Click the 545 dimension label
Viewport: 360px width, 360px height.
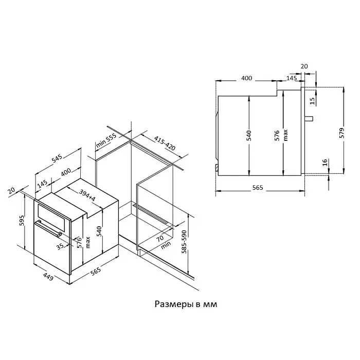point(57,158)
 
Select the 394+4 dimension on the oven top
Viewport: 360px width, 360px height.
point(87,195)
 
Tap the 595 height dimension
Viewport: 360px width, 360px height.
point(22,221)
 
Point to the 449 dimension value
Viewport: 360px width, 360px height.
point(48,276)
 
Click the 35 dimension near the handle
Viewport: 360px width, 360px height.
point(60,246)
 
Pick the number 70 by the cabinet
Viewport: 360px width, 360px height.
point(160,238)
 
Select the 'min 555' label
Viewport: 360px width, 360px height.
point(106,140)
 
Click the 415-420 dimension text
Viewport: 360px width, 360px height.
point(165,143)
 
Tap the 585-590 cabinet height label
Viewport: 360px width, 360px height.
point(184,242)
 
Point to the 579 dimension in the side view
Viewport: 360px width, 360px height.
point(341,133)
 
